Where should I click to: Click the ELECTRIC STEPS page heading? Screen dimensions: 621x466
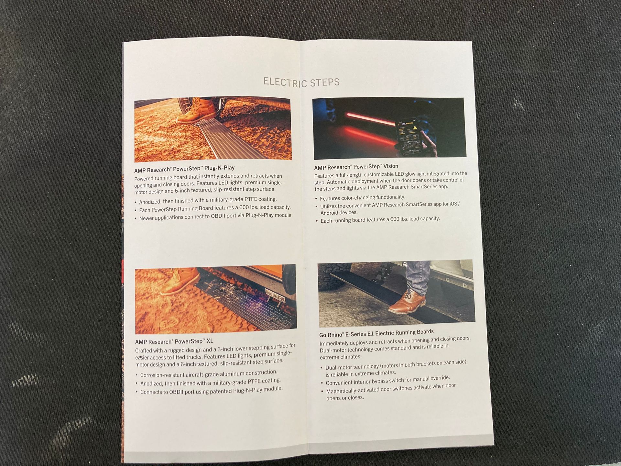pos(301,82)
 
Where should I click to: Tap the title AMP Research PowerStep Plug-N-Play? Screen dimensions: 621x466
pos(184,169)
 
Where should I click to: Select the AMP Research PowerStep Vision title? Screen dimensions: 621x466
pos(356,167)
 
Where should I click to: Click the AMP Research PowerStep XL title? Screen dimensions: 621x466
pos(174,341)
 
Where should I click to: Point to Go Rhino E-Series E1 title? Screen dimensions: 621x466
pos(376,333)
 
